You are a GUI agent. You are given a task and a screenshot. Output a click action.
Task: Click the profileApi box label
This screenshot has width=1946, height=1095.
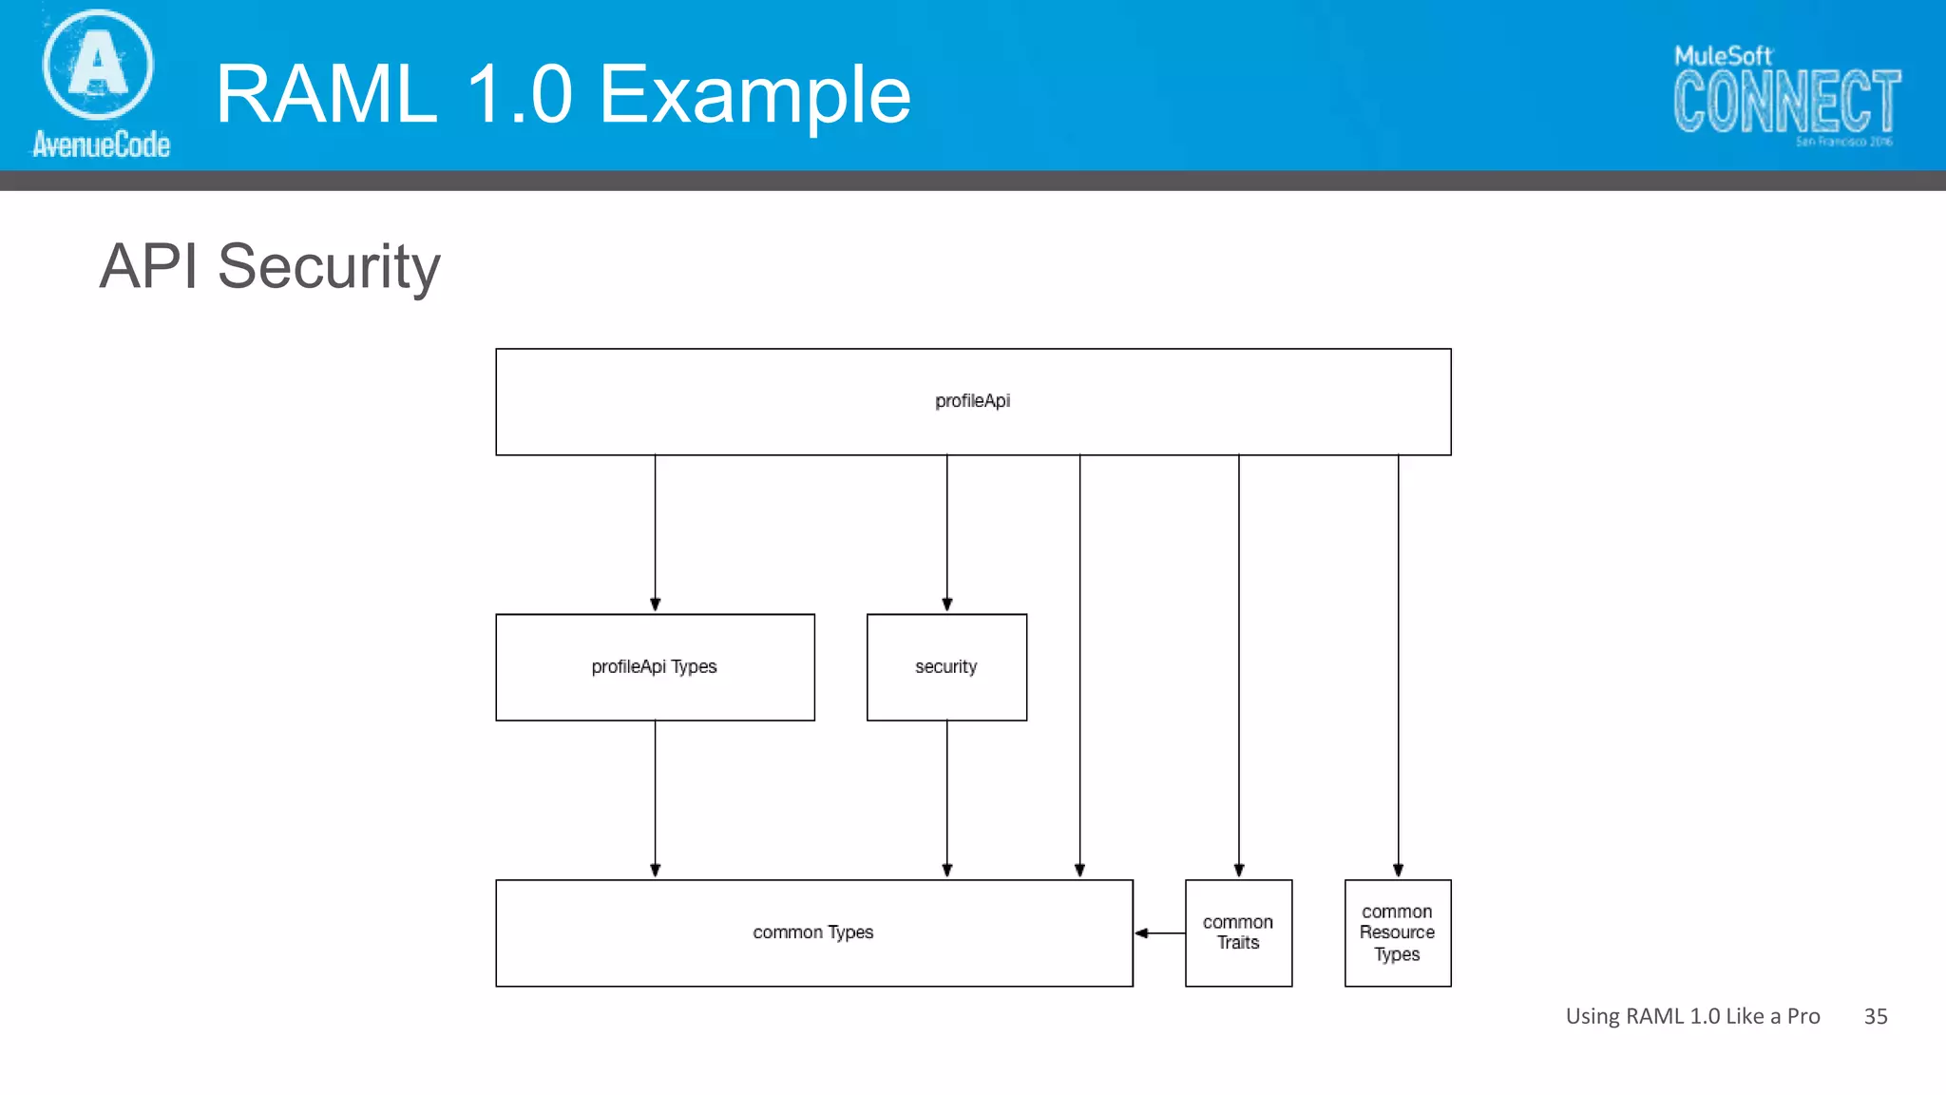click(x=972, y=401)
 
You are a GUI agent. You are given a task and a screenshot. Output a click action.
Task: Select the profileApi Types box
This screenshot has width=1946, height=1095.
click(x=655, y=667)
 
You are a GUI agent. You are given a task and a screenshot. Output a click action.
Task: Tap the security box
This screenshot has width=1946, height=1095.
click(x=946, y=667)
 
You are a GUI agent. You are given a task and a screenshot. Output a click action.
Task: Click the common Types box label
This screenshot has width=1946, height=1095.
click(x=812, y=932)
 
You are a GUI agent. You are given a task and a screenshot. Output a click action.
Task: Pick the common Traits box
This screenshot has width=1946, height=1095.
click(x=1238, y=932)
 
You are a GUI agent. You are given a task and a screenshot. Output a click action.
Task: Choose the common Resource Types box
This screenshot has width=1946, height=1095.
click(x=1397, y=932)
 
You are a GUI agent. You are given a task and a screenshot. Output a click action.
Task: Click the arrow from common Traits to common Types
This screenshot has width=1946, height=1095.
click(x=1159, y=933)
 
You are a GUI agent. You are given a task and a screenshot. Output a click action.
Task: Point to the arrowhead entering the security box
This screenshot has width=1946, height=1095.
click(x=947, y=604)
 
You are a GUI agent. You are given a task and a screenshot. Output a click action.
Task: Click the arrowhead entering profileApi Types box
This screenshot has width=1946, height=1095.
click(x=655, y=604)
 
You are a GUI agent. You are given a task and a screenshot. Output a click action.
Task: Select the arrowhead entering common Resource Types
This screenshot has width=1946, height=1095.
click(x=1398, y=870)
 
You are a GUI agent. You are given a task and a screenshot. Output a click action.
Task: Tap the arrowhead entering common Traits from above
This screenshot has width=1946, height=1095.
click(x=1239, y=870)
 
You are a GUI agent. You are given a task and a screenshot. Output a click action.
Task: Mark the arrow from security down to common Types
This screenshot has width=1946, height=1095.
click(x=947, y=798)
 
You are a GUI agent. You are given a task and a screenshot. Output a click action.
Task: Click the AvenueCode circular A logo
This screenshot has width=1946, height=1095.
click(x=98, y=64)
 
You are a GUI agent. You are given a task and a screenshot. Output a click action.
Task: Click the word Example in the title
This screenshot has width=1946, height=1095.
click(x=754, y=94)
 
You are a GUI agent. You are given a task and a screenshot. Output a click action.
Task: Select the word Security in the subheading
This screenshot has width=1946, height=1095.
click(x=329, y=267)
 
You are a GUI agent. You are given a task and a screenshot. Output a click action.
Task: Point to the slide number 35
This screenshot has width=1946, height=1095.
click(x=1875, y=1016)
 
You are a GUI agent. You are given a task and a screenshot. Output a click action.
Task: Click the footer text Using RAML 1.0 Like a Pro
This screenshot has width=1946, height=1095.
click(x=1692, y=1016)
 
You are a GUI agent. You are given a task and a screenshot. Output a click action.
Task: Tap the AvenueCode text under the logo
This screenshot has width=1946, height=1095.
click(x=101, y=144)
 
